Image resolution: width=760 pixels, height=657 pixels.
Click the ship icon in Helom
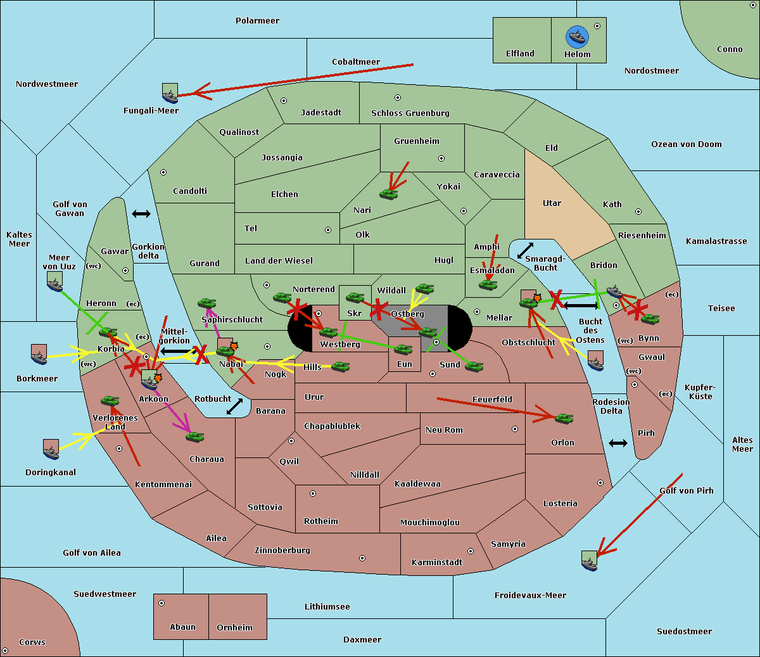(x=578, y=36)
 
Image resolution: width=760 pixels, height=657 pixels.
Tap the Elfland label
(x=520, y=54)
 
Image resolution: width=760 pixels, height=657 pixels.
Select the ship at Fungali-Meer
(x=170, y=93)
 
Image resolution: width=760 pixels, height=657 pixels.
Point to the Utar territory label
(x=552, y=203)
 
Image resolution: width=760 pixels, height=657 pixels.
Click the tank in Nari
(x=388, y=193)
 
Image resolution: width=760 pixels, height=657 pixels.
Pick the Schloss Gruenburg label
(x=410, y=113)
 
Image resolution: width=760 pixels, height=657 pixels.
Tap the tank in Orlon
(x=564, y=418)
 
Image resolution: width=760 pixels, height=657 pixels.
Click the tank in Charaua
(x=194, y=437)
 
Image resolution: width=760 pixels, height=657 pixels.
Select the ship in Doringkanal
(x=51, y=449)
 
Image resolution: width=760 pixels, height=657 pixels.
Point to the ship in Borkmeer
(x=39, y=354)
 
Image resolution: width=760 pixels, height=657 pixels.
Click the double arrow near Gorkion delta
(x=141, y=214)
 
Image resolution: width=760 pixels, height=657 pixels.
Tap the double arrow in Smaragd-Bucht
(x=525, y=250)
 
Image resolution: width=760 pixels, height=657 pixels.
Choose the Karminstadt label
(x=437, y=563)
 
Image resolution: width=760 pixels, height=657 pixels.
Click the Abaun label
(x=182, y=627)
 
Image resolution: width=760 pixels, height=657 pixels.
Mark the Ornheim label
(x=234, y=628)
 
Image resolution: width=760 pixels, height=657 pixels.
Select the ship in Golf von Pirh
(x=590, y=561)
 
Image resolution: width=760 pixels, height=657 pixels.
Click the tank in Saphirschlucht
(x=206, y=304)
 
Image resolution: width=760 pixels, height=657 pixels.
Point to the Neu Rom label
(x=444, y=430)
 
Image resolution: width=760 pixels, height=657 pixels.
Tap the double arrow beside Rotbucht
(x=234, y=407)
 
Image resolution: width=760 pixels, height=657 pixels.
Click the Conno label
(x=730, y=49)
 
